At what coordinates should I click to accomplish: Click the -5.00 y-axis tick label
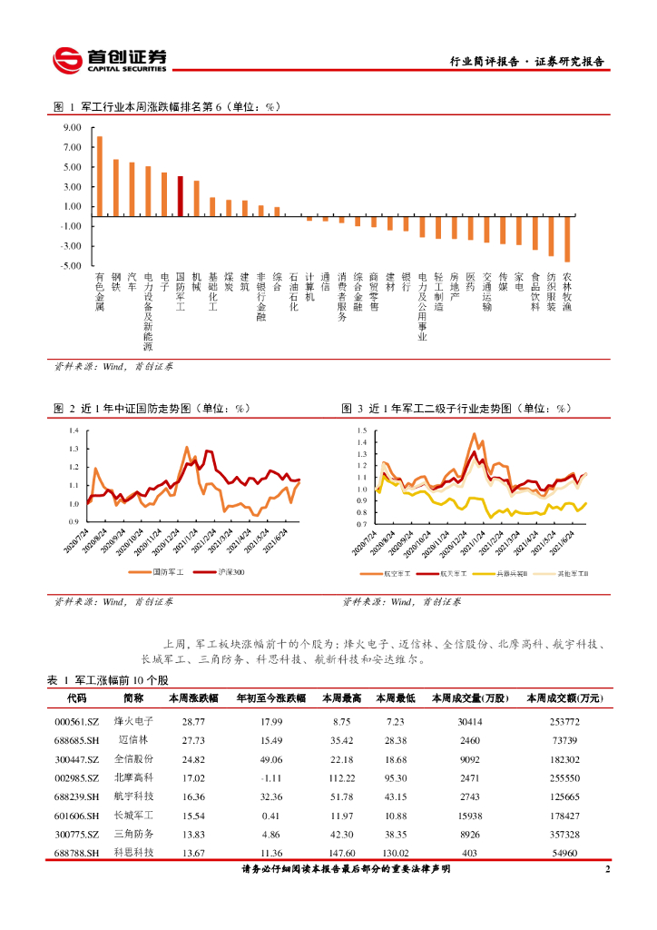(73, 265)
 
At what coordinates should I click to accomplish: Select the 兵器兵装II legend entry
(510, 575)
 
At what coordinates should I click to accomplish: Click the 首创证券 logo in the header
(109, 60)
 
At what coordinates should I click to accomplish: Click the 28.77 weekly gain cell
(193, 721)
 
